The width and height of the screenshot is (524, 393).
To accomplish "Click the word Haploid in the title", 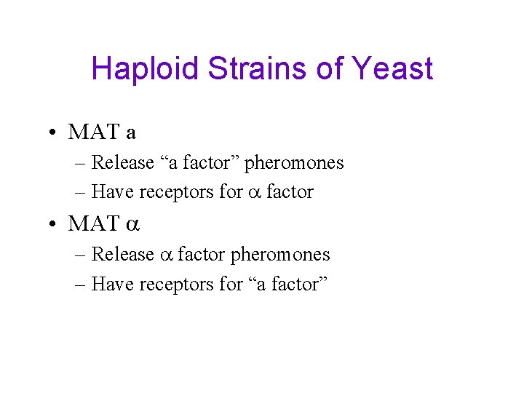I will click(145, 70).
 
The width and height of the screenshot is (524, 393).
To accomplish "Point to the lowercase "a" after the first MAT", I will click(131, 133).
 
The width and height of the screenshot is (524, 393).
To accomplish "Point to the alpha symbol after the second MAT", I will click(132, 225).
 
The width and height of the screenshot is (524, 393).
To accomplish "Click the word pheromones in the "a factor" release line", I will click(294, 163).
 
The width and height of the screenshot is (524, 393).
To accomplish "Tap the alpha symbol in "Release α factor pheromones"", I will click(165, 255).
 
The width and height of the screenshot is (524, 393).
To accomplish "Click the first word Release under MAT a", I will click(123, 163).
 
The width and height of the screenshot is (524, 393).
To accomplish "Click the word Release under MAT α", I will click(123, 255).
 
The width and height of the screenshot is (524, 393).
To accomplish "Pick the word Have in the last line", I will click(114, 284).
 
